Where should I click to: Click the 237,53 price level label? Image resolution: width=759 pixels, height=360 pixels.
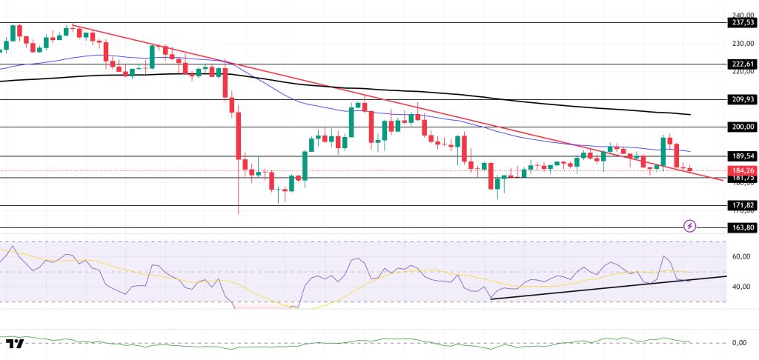point(740,22)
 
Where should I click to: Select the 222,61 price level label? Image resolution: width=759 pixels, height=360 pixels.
point(740,64)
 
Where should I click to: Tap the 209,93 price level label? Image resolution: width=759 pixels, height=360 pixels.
point(740,99)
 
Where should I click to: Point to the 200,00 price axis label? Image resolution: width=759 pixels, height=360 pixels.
point(740,127)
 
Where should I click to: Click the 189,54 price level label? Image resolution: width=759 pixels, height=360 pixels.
point(740,156)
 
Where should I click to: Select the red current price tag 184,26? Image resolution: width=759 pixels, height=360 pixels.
point(740,170)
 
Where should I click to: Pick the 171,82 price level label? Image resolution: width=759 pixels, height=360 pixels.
point(740,205)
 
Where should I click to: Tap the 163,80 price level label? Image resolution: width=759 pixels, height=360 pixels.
point(740,227)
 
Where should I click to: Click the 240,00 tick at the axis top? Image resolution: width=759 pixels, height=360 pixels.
point(742,15)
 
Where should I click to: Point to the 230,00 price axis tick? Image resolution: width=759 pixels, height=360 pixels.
point(742,44)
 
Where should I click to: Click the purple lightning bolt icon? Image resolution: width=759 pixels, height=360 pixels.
point(690,225)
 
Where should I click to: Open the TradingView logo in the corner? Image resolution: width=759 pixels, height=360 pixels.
point(15,343)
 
